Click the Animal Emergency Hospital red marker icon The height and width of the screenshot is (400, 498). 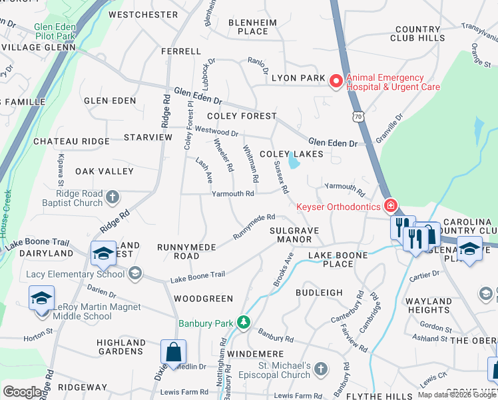point(336,81)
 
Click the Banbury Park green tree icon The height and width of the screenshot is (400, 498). point(244,323)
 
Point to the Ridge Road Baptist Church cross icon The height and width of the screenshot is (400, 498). point(113,197)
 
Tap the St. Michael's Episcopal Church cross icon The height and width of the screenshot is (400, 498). point(321,369)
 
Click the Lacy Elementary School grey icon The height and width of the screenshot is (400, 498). point(135,273)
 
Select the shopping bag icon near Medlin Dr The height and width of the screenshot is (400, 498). point(173,352)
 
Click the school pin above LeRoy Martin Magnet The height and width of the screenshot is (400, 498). point(41,297)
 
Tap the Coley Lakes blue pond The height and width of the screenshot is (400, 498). point(294,161)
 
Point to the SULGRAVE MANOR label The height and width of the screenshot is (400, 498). point(294,235)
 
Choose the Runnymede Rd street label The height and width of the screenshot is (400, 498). point(254,227)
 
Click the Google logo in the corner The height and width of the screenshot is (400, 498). point(22,393)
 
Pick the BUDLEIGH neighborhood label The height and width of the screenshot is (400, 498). point(319,293)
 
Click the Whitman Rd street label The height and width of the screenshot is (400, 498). point(250,164)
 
